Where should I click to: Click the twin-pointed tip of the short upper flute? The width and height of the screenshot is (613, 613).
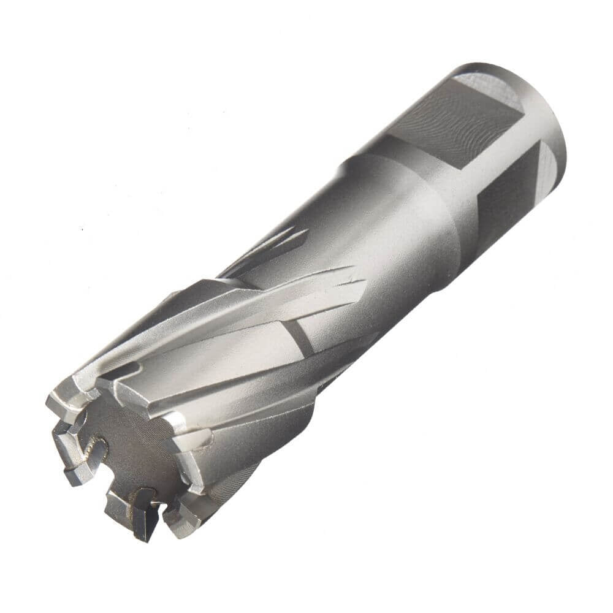click(300, 233)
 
